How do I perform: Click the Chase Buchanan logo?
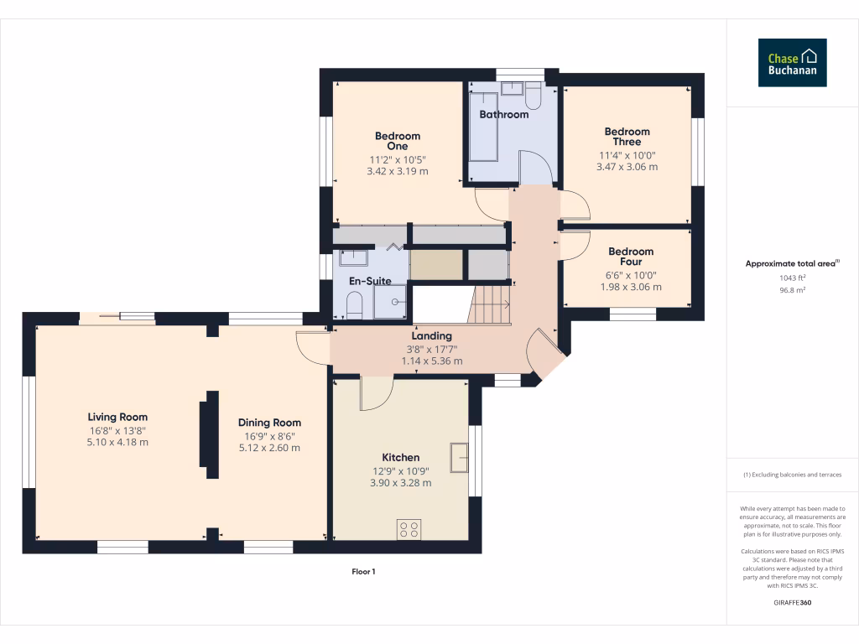coord(792,63)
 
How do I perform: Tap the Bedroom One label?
coord(398,141)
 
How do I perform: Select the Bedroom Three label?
coord(627,137)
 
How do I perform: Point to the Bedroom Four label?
coord(631,257)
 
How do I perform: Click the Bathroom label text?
coord(503,114)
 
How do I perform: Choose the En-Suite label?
coord(370,281)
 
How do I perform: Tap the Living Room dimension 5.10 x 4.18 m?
coord(117,442)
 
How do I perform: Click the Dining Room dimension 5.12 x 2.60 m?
coord(269,448)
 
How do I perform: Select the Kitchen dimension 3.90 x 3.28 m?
coord(401,482)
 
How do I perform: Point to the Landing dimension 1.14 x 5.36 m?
coord(432,361)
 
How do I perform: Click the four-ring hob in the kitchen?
coord(409,530)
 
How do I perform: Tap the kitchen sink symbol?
coord(459,458)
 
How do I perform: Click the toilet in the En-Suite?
coord(354,305)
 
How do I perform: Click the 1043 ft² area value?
coord(792,278)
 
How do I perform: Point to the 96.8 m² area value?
coord(792,290)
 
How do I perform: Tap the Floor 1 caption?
coord(363,572)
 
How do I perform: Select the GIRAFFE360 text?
coord(792,603)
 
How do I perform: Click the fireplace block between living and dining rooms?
coord(208,428)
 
